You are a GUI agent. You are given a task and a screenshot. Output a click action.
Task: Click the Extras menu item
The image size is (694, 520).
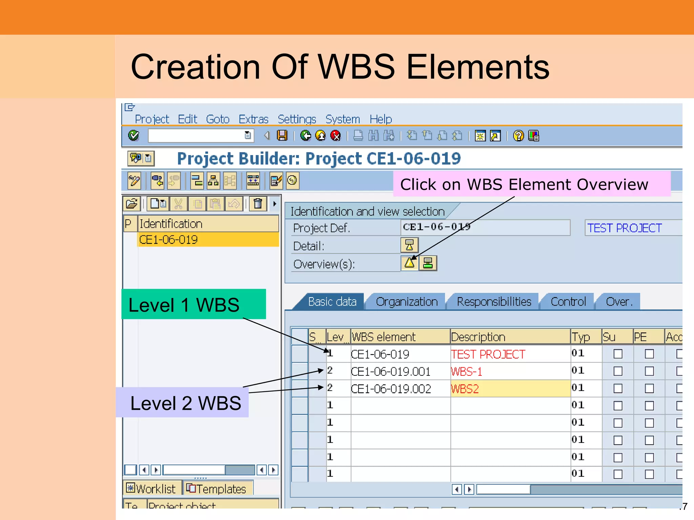(x=253, y=119)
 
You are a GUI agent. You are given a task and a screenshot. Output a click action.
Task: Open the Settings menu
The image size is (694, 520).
(x=297, y=119)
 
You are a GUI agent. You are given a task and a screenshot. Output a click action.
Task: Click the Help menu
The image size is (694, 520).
(x=381, y=119)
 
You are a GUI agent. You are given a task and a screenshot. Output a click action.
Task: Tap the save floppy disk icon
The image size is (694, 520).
(x=282, y=136)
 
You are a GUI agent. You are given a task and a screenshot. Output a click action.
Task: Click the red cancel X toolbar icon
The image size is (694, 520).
(x=335, y=136)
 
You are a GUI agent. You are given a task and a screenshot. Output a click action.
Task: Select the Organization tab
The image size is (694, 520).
(x=406, y=302)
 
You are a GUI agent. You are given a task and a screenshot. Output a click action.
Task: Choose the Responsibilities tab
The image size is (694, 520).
(x=494, y=302)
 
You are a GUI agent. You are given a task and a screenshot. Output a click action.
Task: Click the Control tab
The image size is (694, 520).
(x=568, y=302)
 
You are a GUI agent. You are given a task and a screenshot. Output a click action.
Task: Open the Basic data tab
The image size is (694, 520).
(x=332, y=302)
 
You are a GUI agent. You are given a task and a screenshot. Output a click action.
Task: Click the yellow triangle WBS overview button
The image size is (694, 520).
(x=409, y=263)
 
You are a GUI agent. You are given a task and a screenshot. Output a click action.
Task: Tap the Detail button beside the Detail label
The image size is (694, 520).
(x=409, y=245)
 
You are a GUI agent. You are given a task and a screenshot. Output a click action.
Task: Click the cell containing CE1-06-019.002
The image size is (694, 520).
(x=391, y=389)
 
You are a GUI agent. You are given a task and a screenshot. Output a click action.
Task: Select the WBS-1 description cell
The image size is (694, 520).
(x=510, y=372)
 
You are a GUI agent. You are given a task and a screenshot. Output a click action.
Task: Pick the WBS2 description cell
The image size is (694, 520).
(x=510, y=389)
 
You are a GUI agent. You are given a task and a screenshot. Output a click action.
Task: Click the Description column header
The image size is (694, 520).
(x=510, y=337)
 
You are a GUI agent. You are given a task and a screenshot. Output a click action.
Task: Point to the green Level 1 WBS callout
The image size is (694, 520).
(x=193, y=304)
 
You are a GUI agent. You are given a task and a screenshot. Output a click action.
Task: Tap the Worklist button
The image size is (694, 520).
(x=151, y=489)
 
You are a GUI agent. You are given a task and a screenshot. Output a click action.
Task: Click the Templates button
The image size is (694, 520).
(x=217, y=489)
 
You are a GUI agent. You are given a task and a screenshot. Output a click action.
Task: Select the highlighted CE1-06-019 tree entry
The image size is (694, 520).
(x=208, y=240)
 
